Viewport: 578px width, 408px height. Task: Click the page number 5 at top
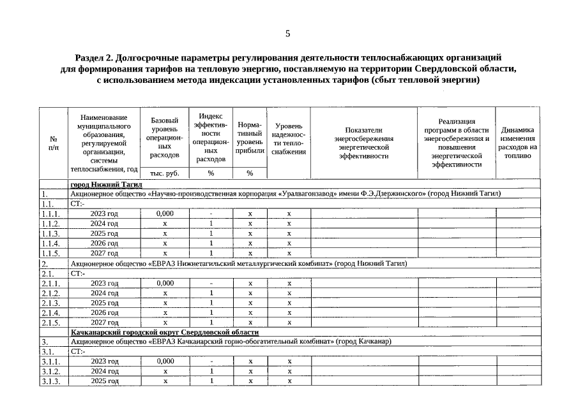tap(287, 33)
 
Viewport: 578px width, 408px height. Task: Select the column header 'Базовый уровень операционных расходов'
tap(165, 138)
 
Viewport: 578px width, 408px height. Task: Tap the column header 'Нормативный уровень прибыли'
tap(250, 138)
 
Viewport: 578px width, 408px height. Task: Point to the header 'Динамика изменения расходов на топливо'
tap(517, 142)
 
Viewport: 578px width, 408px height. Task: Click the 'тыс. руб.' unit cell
tap(165, 173)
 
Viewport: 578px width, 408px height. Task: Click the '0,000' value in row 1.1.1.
tap(165, 214)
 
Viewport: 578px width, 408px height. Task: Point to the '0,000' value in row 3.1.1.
tap(165, 361)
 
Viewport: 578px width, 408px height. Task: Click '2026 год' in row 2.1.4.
tap(104, 313)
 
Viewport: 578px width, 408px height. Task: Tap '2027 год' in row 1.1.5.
tap(104, 253)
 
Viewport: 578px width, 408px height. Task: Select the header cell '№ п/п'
tap(53, 143)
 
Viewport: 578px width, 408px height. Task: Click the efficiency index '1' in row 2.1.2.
tap(211, 293)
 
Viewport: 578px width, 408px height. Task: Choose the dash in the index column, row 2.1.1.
tap(211, 283)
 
